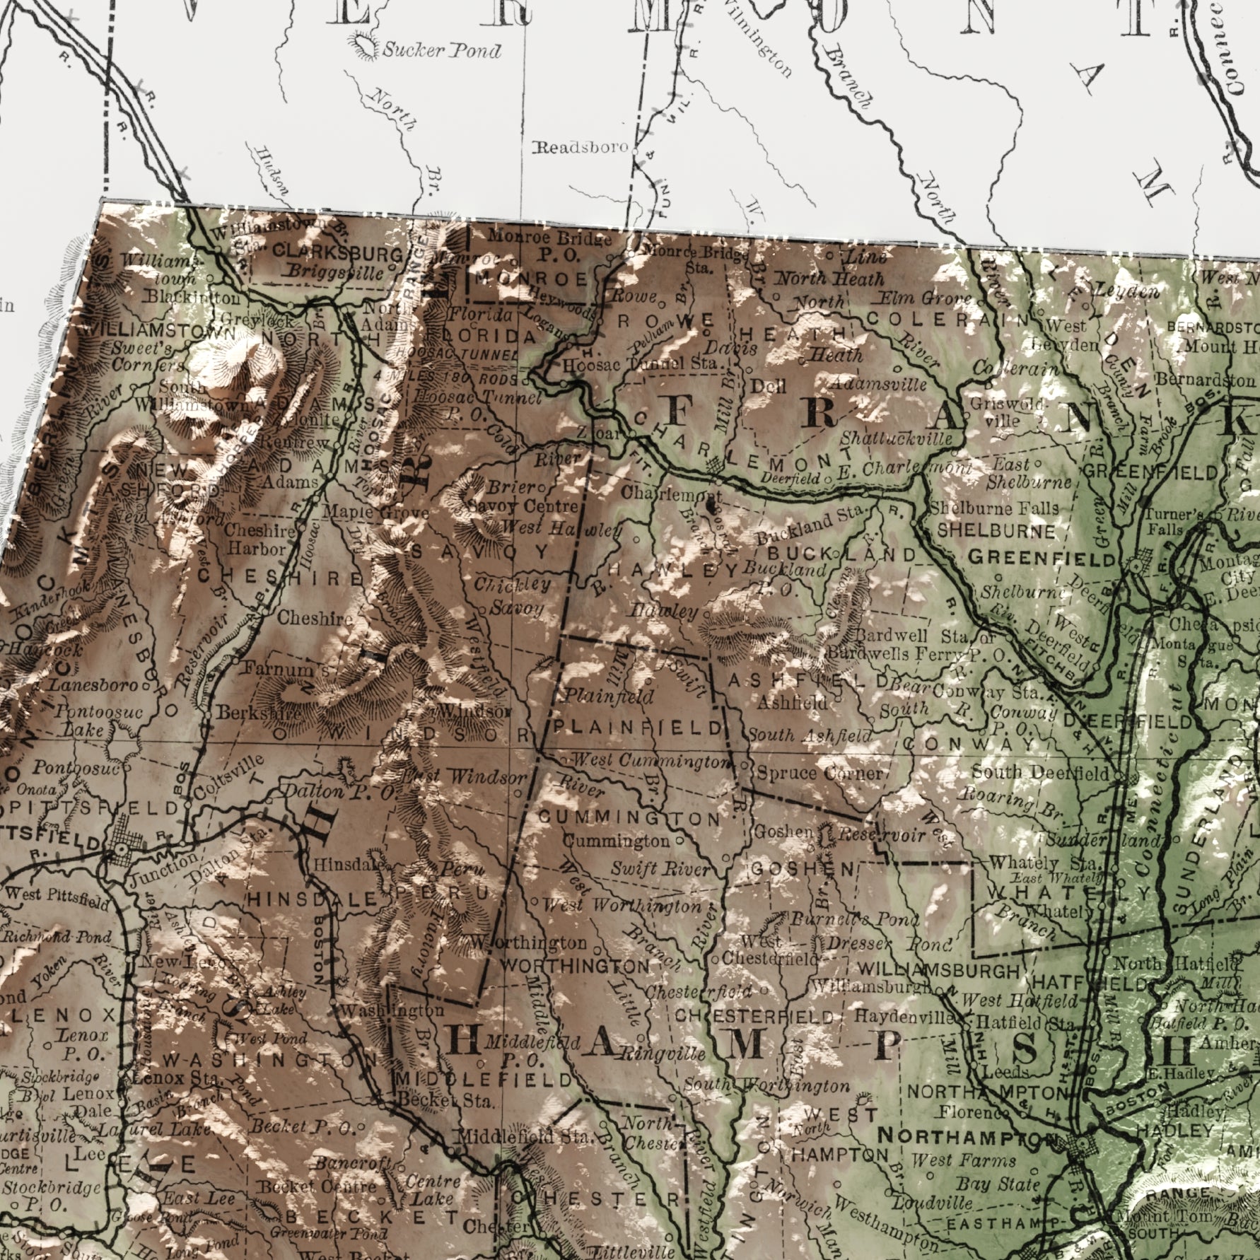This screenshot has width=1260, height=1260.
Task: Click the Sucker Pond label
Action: (442, 51)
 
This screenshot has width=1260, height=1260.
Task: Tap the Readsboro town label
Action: (580, 148)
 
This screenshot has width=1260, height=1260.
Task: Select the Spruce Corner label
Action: (819, 773)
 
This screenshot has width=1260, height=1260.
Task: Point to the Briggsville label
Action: (337, 273)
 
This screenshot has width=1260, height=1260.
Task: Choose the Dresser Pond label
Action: (890, 945)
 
